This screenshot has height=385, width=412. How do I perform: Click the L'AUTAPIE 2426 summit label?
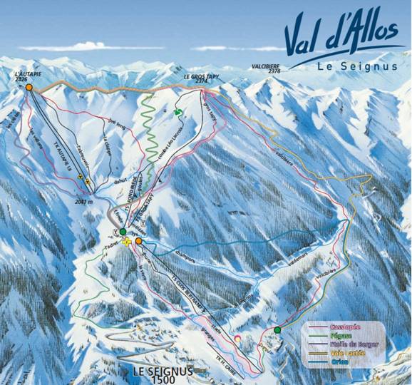click(26, 76)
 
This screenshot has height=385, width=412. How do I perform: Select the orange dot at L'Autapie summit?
click(29, 87)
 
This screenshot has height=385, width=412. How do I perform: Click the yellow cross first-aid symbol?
click(128, 242)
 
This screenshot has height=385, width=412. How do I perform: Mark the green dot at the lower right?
click(277, 330)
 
